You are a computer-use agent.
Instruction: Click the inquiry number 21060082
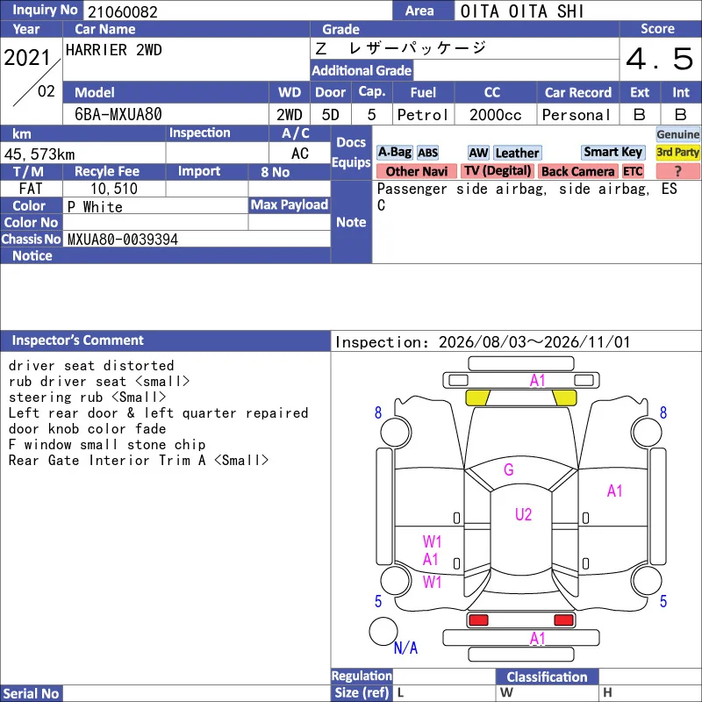(x=123, y=11)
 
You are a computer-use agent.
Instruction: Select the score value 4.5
(x=660, y=59)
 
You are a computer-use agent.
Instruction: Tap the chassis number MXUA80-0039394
(x=123, y=240)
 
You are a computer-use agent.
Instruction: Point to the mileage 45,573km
(x=39, y=154)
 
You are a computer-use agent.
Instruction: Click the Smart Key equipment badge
(x=612, y=152)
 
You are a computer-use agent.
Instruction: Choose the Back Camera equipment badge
(x=577, y=171)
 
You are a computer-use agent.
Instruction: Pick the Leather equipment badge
(x=517, y=153)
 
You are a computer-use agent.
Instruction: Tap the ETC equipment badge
(x=633, y=171)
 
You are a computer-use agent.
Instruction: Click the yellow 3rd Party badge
(x=677, y=152)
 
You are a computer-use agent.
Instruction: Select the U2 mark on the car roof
(x=523, y=514)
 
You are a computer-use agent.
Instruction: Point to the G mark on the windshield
(x=509, y=469)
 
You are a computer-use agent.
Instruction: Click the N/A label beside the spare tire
(x=405, y=648)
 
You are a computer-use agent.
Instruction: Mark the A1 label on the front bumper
(x=538, y=381)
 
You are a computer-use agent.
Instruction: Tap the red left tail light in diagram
(x=478, y=620)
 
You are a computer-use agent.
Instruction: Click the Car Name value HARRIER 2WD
(x=114, y=50)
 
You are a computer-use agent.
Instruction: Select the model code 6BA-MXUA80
(x=118, y=114)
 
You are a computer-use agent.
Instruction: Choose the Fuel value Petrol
(x=423, y=115)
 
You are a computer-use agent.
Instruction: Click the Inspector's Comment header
(x=78, y=340)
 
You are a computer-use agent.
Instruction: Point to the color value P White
(x=95, y=207)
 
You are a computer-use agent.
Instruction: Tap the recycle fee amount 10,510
(x=114, y=189)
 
